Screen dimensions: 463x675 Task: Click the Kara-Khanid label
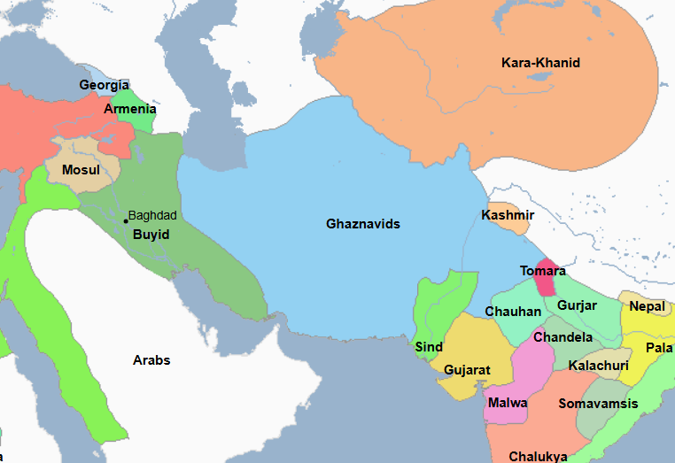pyautogui.click(x=540, y=63)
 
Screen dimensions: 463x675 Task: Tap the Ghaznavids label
pyautogui.click(x=363, y=224)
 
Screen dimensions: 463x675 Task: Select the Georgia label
pyautogui.click(x=97, y=85)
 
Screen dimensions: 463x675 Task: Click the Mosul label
pyautogui.click(x=81, y=169)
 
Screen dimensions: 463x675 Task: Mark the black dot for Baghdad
pyautogui.click(x=126, y=220)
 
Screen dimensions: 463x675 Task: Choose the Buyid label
pyautogui.click(x=150, y=235)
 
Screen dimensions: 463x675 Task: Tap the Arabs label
pyautogui.click(x=151, y=360)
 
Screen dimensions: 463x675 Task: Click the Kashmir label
pyautogui.click(x=508, y=215)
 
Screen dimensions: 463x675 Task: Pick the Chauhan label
pyautogui.click(x=513, y=312)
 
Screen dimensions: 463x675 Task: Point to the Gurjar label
pyautogui.click(x=577, y=305)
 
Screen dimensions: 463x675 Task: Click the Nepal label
pyautogui.click(x=647, y=306)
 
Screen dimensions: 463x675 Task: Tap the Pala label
pyautogui.click(x=658, y=348)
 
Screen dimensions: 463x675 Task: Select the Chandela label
pyautogui.click(x=562, y=337)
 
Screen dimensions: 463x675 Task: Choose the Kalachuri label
pyautogui.click(x=599, y=365)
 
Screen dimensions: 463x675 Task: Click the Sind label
pyautogui.click(x=429, y=347)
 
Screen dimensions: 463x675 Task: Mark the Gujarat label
pyautogui.click(x=467, y=369)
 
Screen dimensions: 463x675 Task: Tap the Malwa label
pyautogui.click(x=508, y=403)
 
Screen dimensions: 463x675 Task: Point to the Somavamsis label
pyautogui.click(x=598, y=404)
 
